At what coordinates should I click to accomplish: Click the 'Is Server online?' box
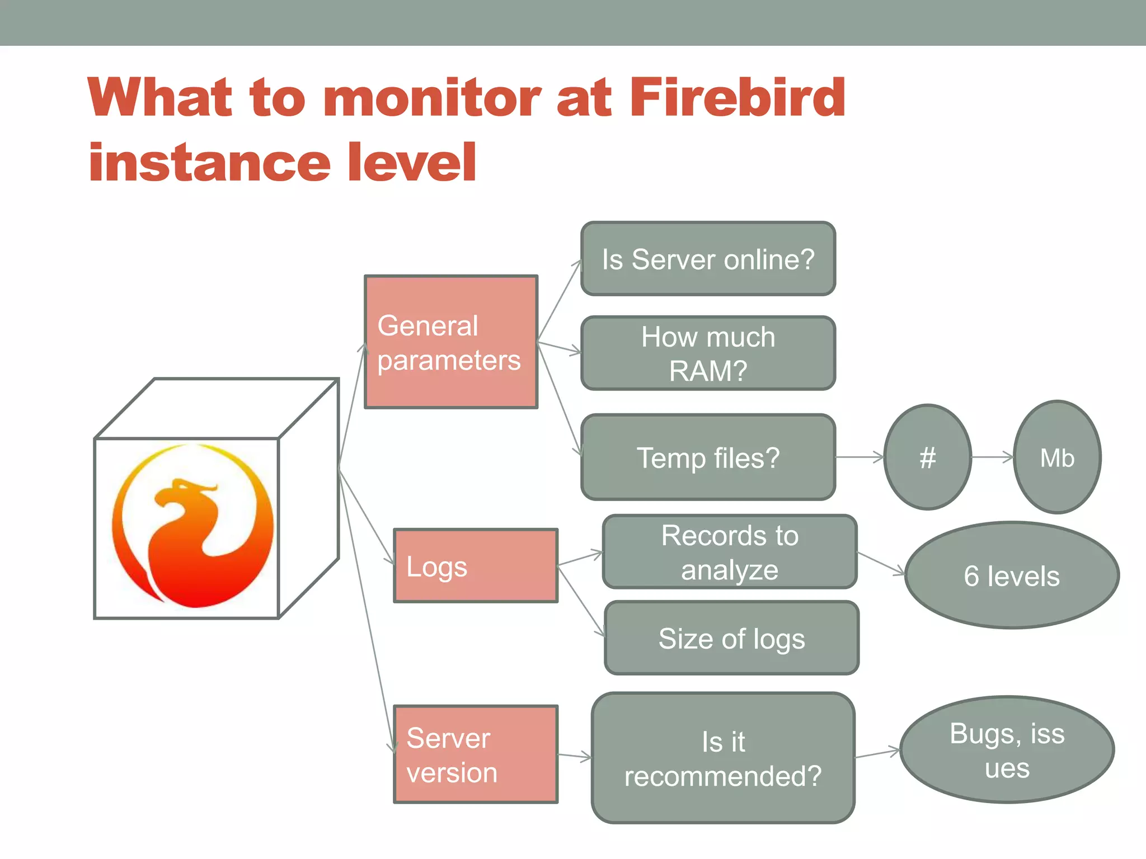[708, 259]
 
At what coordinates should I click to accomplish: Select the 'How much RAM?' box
[708, 353]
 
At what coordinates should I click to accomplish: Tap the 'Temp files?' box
[708, 457]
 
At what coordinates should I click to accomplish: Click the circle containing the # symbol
[927, 457]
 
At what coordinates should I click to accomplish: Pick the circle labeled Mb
[1056, 457]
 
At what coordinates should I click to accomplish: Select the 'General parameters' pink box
[451, 342]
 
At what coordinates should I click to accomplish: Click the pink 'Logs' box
[476, 566]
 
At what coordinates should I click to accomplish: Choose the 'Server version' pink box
[476, 754]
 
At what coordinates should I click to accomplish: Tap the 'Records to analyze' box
[730, 552]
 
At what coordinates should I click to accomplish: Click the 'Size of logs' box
[731, 638]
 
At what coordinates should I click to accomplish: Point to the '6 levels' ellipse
[1011, 575]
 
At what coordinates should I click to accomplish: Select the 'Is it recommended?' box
[723, 758]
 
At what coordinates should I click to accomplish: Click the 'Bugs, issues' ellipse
[1007, 750]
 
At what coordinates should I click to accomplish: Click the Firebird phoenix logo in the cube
[193, 526]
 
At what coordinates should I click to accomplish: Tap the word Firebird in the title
[737, 98]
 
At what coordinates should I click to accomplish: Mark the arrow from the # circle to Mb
[992, 457]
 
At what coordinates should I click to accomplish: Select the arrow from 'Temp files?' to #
[859, 457]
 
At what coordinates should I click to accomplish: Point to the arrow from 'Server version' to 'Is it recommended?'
[575, 757]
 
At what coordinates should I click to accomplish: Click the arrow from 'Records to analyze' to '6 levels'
[881, 564]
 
